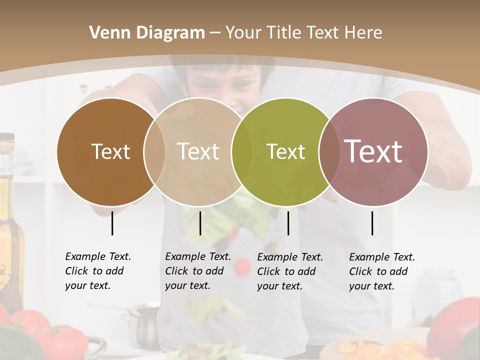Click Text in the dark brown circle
click(x=110, y=151)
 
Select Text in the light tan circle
click(x=198, y=151)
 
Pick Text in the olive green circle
click(x=285, y=151)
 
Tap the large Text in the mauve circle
click(x=373, y=151)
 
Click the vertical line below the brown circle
click(x=112, y=223)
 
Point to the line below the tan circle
click(x=200, y=223)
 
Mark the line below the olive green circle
click(x=288, y=223)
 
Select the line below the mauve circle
click(x=372, y=223)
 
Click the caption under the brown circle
click(x=97, y=271)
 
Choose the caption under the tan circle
click(x=197, y=271)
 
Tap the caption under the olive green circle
click(x=289, y=271)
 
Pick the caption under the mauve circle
click(x=381, y=271)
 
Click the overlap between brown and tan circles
click(x=154, y=151)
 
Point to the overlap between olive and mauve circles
click(x=329, y=151)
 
